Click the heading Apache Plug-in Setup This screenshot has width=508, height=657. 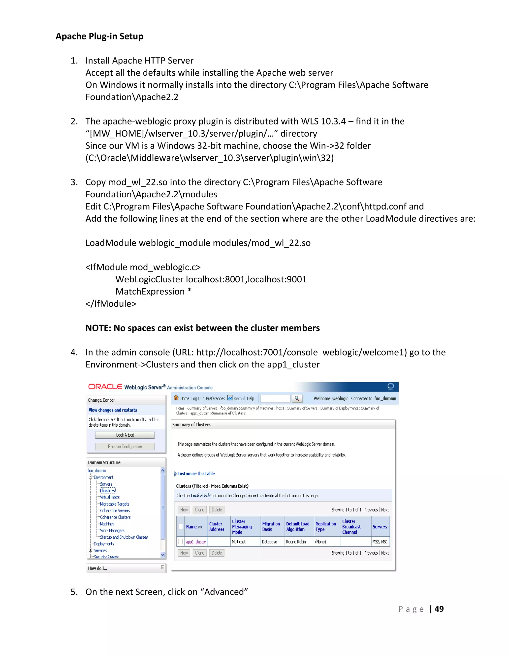[99, 36]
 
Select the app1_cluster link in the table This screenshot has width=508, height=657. [196, 542]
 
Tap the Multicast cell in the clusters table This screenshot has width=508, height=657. [239, 542]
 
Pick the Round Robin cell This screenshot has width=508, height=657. [296, 542]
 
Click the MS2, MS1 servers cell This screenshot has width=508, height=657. [380, 542]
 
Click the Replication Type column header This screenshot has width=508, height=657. [326, 526]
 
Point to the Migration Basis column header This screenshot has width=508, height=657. [271, 526]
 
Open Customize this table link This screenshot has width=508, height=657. [196, 474]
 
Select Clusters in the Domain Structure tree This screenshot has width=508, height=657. [107, 491]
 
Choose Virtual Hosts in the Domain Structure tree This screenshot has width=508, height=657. [110, 497]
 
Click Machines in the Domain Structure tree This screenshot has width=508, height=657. [107, 524]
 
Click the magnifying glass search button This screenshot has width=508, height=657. [297, 398]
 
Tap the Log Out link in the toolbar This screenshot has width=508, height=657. [197, 398]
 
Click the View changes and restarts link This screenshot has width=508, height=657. [113, 410]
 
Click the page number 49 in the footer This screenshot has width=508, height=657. [439, 609]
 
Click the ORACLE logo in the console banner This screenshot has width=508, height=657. [105, 387]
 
